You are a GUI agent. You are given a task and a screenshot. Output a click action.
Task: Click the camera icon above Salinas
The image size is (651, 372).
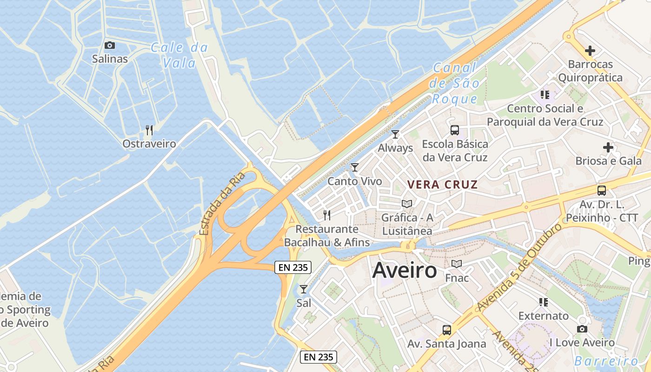click(x=110, y=45)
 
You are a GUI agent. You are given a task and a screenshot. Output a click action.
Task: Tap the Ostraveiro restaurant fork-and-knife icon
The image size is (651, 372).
click(x=149, y=130)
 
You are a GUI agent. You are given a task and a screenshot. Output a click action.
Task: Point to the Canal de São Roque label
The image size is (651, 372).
click(x=454, y=83)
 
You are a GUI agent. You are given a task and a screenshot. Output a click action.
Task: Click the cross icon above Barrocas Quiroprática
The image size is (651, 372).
click(x=590, y=50)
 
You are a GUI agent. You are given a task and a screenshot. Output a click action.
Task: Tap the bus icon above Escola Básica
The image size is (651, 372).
click(x=455, y=130)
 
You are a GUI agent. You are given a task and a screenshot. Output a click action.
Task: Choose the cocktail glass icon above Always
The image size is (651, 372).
click(x=395, y=134)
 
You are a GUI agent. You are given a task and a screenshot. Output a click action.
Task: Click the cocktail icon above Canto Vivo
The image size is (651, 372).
click(x=355, y=167)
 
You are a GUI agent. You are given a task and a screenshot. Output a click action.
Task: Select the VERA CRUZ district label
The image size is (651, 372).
click(x=442, y=185)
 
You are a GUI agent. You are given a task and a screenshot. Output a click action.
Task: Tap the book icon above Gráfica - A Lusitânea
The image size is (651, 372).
click(x=407, y=204)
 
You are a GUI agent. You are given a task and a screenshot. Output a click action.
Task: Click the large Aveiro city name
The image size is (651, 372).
click(x=405, y=270)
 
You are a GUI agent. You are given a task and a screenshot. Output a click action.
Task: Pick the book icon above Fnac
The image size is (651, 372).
click(x=457, y=264)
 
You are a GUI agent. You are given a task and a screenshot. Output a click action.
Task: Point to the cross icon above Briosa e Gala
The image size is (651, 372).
click(x=608, y=147)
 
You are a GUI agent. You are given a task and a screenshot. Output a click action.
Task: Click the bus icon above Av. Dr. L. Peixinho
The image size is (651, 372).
click(x=602, y=190)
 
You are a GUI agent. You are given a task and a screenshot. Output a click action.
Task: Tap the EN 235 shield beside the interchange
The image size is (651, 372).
click(x=293, y=267)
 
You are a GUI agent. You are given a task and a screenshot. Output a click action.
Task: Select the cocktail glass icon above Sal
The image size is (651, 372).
click(x=304, y=289)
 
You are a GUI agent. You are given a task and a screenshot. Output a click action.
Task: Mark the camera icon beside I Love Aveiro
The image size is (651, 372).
click(x=582, y=329)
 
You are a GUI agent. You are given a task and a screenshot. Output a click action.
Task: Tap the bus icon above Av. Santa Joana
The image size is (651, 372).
click(x=447, y=330)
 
